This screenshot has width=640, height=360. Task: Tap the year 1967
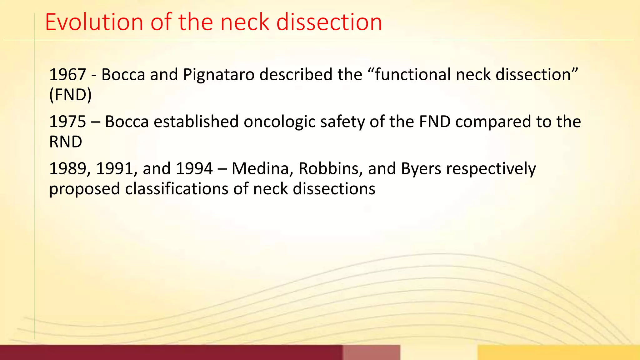[67, 75]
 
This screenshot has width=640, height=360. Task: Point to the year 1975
[67, 122]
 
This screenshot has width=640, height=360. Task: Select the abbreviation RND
[66, 142]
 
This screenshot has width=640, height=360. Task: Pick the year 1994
[194, 169]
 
